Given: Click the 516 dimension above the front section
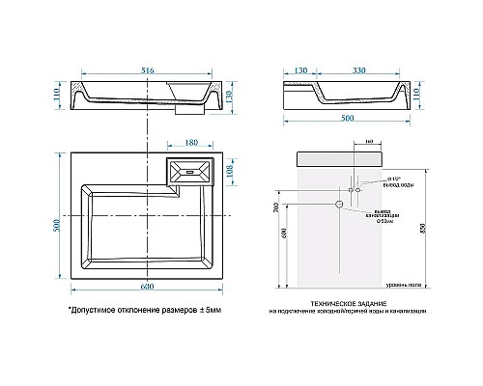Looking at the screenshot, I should (149, 70).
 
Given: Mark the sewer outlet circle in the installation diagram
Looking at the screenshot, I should (338, 205).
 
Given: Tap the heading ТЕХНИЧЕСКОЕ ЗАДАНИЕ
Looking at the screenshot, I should (342, 304).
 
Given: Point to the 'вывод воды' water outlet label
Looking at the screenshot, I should (373, 184).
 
